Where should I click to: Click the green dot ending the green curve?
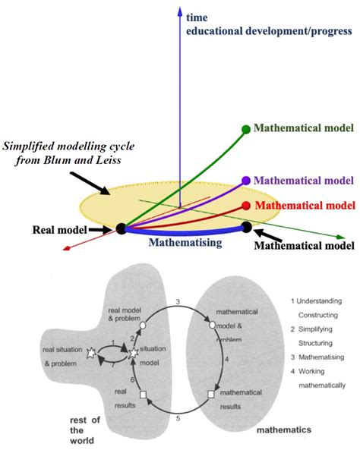pos(245,129)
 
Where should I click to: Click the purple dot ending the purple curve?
pos(245,181)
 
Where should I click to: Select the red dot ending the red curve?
pos(245,206)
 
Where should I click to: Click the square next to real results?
pos(142,395)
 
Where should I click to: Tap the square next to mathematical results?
pos(210,395)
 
